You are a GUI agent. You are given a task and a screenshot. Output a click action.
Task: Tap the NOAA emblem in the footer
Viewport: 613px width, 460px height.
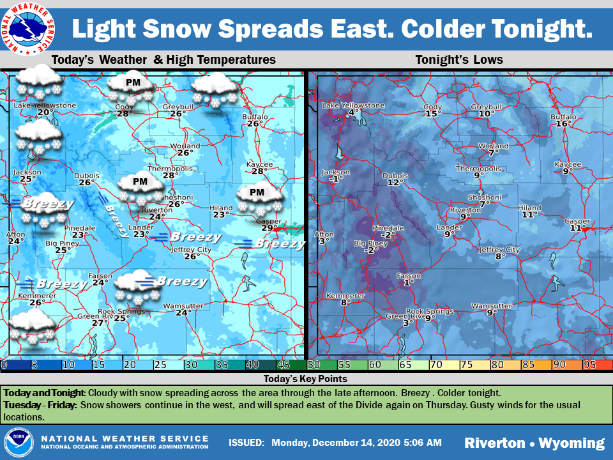coord(19,442)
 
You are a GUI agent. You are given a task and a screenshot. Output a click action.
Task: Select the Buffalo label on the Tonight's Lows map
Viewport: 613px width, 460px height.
coord(563,117)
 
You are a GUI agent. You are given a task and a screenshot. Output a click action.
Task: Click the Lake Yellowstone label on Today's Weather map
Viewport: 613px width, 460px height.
coord(45,105)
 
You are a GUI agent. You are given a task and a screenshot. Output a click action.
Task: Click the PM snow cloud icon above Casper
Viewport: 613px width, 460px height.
coord(259,197)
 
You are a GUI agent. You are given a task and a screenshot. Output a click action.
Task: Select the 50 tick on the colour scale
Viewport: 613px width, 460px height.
coord(313,365)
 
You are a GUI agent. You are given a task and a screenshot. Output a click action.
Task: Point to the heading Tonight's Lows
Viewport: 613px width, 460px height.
coord(459,60)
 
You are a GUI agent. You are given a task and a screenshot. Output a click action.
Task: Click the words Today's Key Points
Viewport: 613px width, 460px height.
coord(306,379)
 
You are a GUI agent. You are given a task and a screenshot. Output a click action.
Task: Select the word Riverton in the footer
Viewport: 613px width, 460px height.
coord(495,443)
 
